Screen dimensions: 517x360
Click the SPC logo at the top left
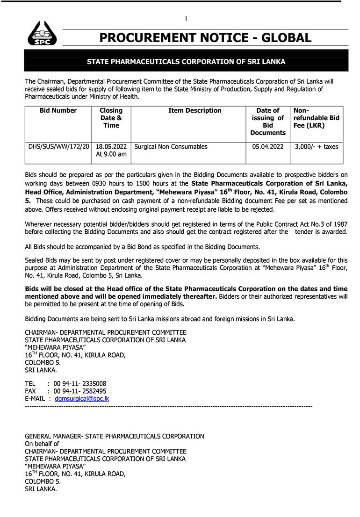pos(42,33)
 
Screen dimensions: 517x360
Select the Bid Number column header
pos(58,111)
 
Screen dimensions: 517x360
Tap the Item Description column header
pos(194,111)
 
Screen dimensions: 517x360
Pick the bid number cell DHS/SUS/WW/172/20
pos(58,147)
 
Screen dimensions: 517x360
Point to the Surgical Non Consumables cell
pos(171,147)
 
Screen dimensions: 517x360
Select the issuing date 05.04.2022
pos(267,147)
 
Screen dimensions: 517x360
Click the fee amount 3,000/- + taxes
pos(317,147)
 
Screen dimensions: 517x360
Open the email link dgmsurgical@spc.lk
pos(82,399)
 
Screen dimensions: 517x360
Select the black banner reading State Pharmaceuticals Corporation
pos(186,62)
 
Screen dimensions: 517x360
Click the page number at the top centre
pos(186,19)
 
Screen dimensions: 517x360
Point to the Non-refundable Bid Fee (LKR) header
pos(316,118)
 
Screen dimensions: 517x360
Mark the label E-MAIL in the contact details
pos(35,399)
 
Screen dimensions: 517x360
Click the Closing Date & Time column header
pos(111,118)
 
